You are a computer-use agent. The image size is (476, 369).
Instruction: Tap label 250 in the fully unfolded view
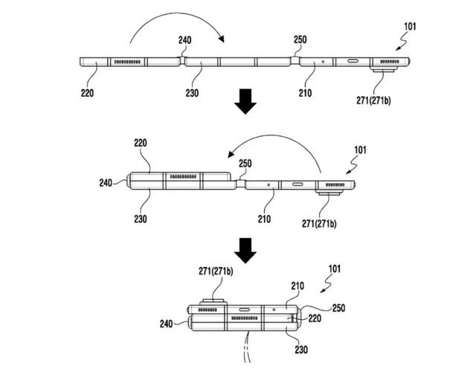click(300, 39)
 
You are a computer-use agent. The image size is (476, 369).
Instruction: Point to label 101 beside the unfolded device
click(411, 28)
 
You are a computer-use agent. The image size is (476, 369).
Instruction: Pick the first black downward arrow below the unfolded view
click(245, 102)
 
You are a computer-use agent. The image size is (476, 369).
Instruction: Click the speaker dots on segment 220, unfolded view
click(128, 61)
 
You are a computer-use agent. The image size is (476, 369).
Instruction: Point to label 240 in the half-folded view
click(106, 180)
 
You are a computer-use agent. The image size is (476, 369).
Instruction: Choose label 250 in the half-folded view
click(246, 162)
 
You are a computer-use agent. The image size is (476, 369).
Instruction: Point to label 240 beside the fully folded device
click(167, 324)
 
